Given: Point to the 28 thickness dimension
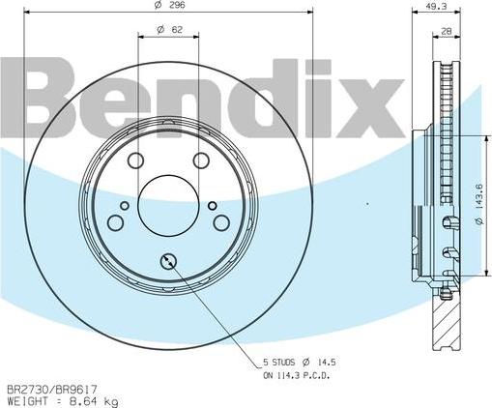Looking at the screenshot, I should tap(446, 33).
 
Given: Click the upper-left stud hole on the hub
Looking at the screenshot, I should tap(135, 160).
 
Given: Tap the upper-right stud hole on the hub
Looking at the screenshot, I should tap(201, 160).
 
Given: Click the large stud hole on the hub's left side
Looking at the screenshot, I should tap(115, 223).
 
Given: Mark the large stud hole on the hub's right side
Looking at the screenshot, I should tap(221, 223).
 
